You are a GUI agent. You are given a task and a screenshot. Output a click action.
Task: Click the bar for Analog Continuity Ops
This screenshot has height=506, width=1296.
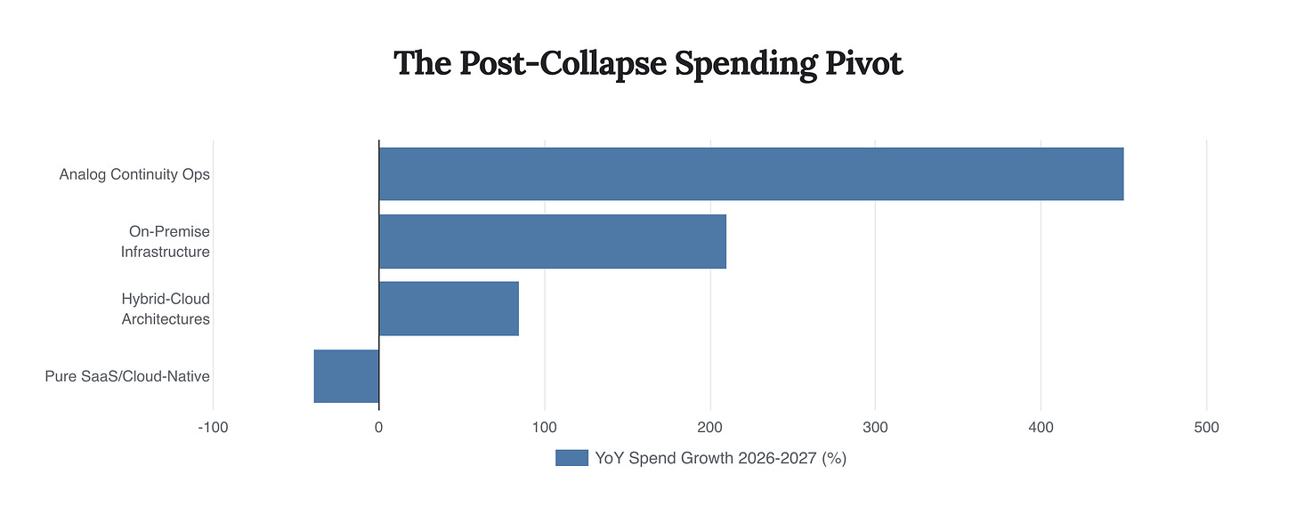tap(750, 174)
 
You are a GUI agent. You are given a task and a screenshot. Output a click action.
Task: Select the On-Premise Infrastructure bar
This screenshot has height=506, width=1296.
tap(552, 241)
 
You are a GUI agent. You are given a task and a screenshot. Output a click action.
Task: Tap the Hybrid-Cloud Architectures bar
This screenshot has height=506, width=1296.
tap(449, 309)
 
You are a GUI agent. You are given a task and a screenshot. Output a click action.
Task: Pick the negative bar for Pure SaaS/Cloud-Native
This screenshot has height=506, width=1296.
tap(346, 376)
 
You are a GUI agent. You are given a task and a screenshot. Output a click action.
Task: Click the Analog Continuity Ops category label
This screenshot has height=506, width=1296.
tap(134, 174)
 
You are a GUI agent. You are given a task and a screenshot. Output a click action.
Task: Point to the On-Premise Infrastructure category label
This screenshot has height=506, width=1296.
tap(166, 241)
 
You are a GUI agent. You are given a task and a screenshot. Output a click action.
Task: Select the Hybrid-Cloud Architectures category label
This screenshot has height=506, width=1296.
tap(166, 309)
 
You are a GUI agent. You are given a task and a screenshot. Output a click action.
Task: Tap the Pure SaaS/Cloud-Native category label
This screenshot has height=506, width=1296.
tap(127, 376)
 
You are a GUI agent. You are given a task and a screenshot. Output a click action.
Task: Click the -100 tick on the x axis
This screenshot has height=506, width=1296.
tap(213, 428)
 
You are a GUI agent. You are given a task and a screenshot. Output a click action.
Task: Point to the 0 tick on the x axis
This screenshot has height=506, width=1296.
tap(379, 428)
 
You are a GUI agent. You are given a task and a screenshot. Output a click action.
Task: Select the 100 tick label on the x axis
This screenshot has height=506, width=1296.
tap(545, 428)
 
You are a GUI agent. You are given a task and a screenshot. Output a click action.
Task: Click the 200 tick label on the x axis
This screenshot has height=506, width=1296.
tap(710, 428)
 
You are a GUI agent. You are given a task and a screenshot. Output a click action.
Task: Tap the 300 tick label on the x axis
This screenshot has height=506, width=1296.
tap(876, 428)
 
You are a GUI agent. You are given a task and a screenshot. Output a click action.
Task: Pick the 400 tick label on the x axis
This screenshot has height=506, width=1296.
tap(1041, 428)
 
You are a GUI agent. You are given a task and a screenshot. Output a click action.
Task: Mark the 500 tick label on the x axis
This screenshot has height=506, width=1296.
tap(1207, 428)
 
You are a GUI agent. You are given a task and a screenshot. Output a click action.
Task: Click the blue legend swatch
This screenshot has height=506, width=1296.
tap(571, 458)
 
